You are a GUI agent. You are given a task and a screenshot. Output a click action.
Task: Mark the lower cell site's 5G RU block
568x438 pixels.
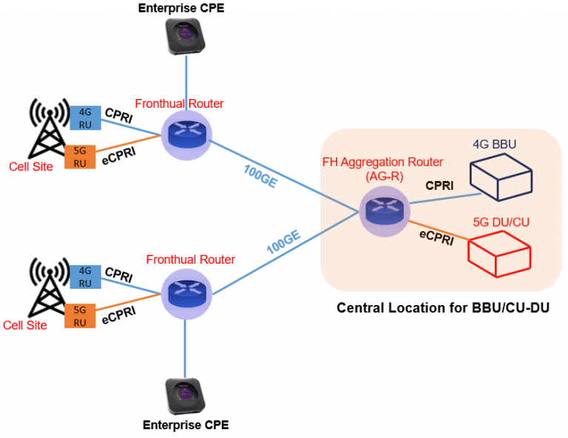click(x=80, y=315)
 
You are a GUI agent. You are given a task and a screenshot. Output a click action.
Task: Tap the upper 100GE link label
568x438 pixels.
click(x=260, y=176)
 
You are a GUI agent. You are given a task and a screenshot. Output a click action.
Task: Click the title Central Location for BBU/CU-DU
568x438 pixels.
click(x=443, y=308)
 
